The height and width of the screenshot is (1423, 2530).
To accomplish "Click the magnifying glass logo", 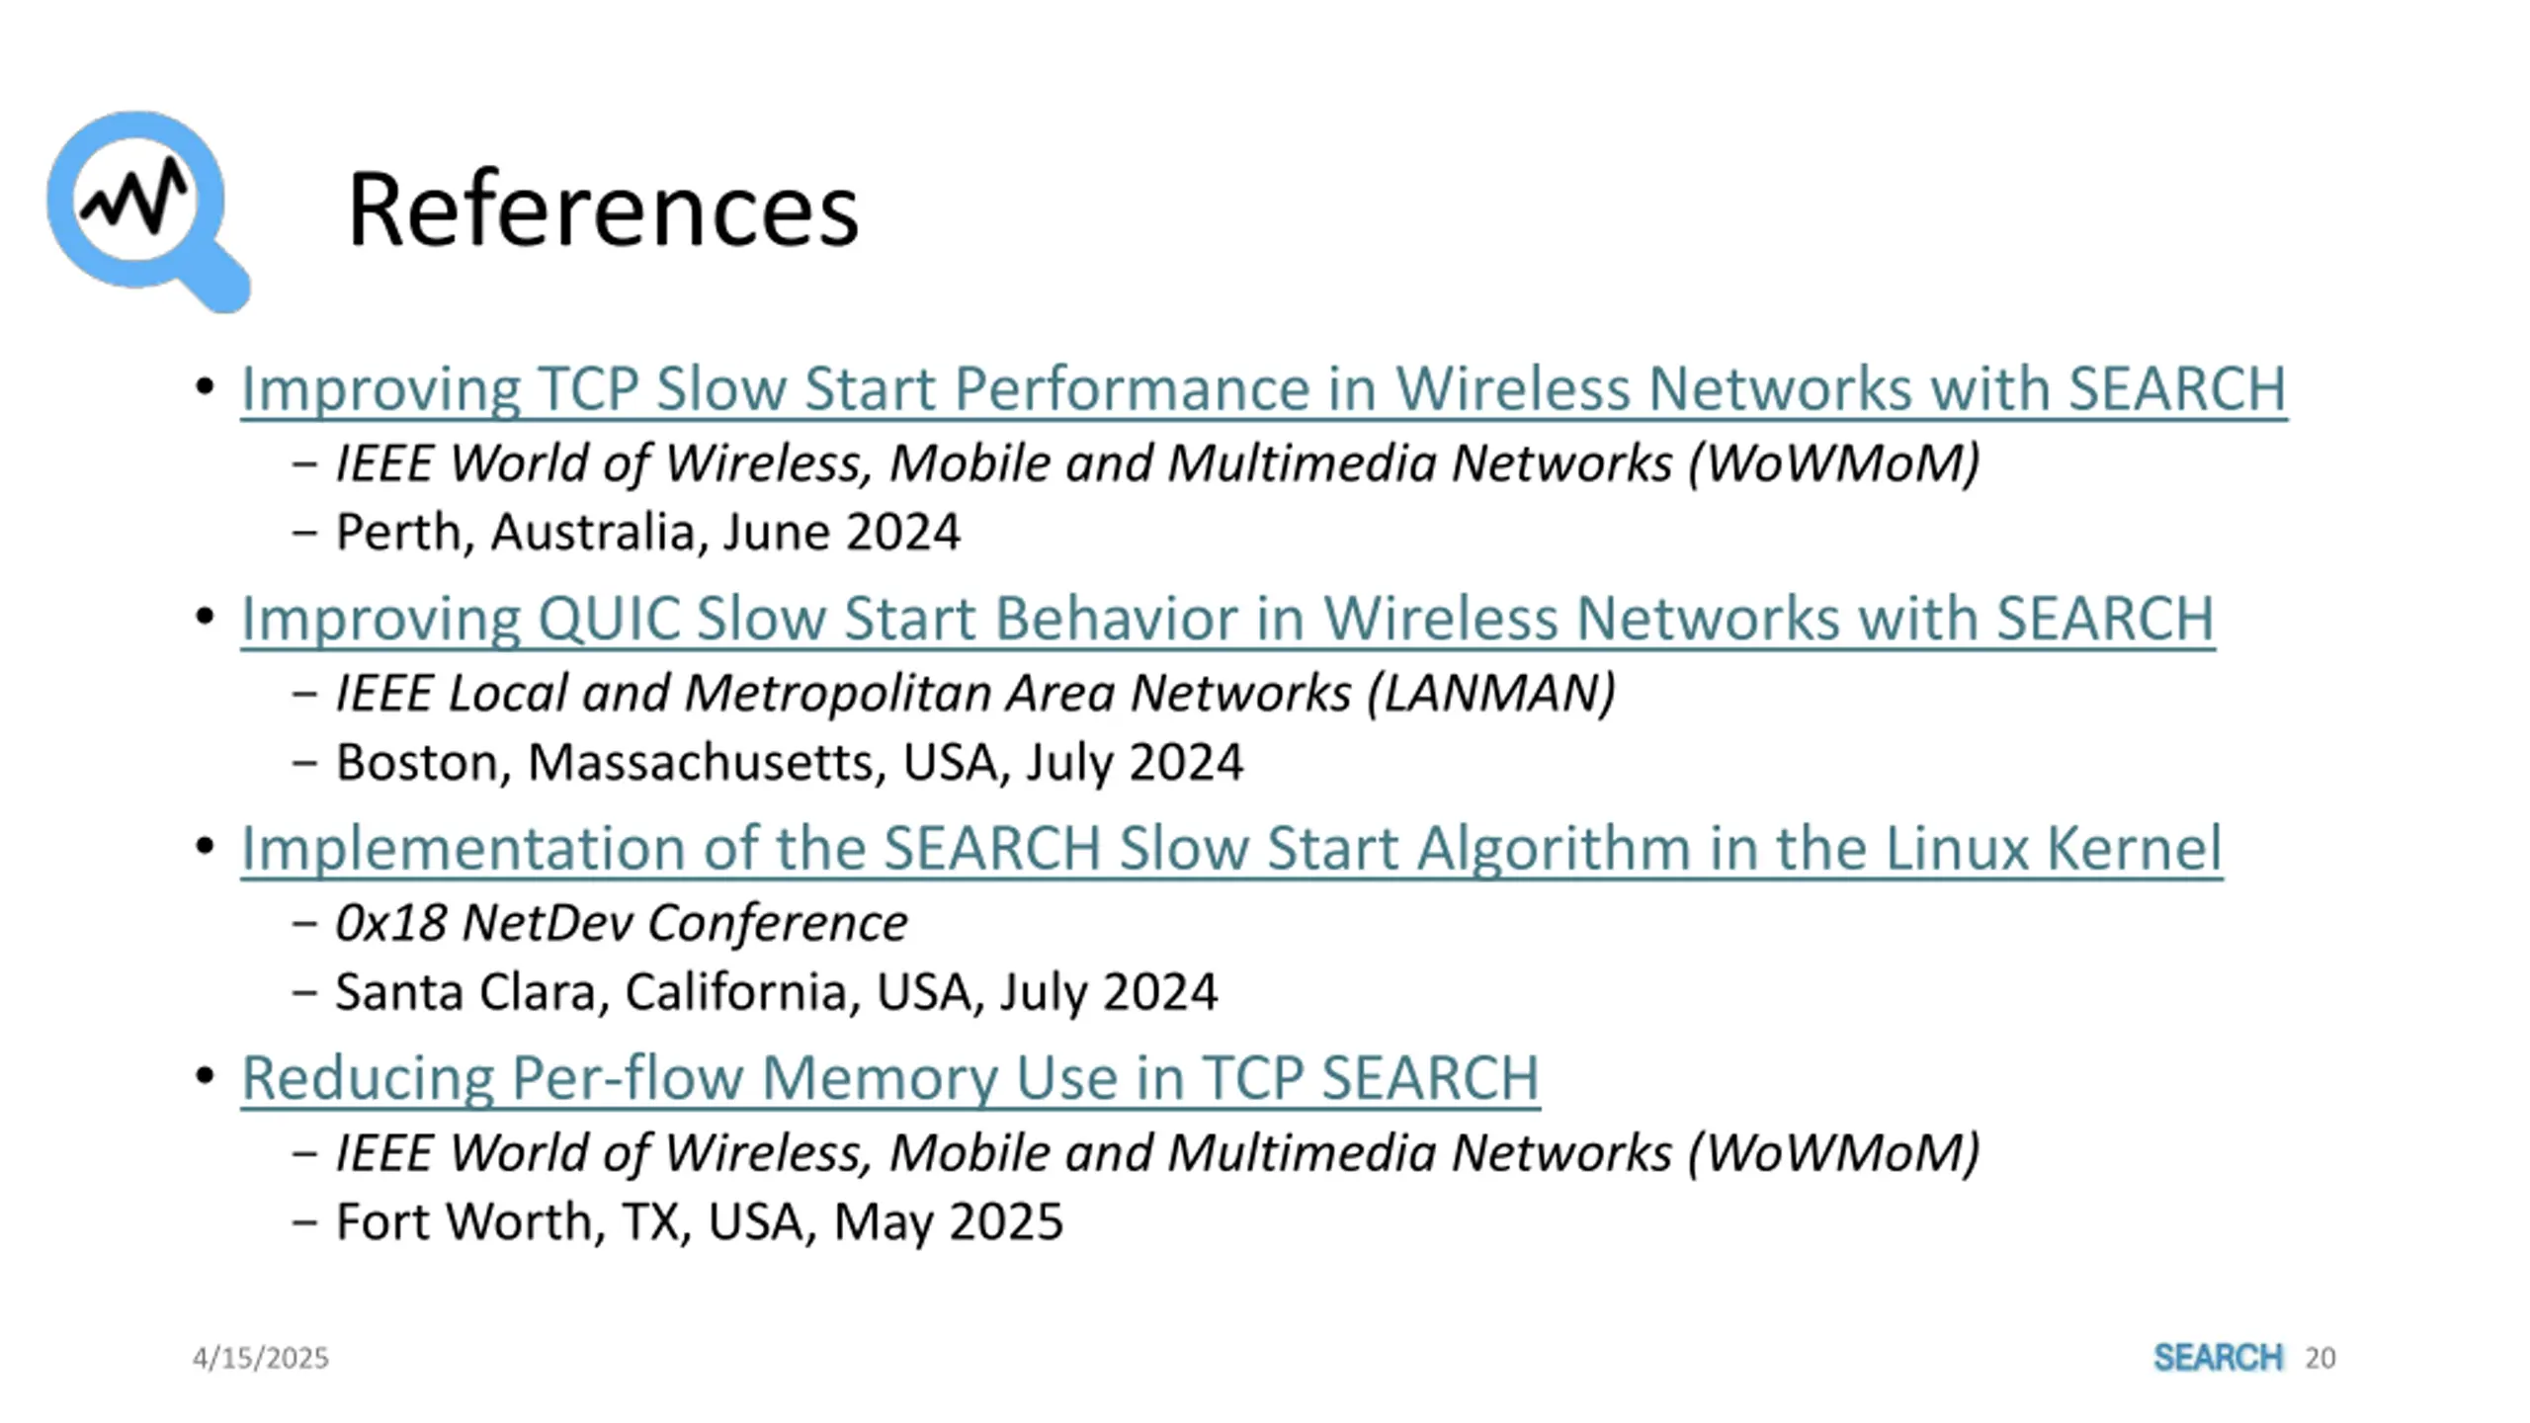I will pos(146,209).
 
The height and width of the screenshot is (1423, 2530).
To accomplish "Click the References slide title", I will pos(603,209).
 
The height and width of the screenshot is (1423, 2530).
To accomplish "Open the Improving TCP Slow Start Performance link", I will pos(1263,387).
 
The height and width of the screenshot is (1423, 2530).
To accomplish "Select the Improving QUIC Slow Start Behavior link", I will pos(1227,619).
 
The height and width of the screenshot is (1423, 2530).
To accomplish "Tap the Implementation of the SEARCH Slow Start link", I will pos(1231,848).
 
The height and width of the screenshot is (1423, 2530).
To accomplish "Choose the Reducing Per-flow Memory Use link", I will pos(889,1077).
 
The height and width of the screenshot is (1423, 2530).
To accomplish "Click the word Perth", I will pos(398,533).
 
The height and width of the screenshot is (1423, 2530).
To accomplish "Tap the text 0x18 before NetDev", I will pos(390,923).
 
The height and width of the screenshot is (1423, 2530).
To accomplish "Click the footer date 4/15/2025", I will pos(260,1358).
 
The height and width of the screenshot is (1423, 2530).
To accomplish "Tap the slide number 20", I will pos(2319,1358).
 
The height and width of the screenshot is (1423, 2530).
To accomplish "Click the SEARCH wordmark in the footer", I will pos(2218,1358).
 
